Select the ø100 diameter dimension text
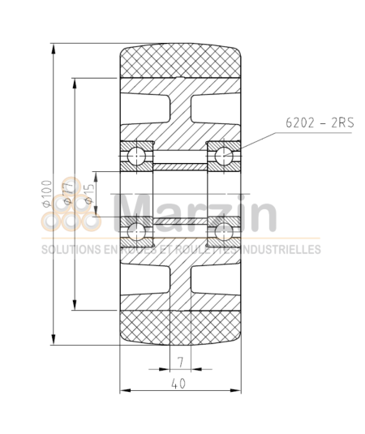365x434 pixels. [x=46, y=194]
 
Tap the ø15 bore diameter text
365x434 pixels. [x=89, y=194]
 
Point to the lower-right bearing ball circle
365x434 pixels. [x=224, y=233]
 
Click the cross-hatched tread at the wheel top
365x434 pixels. [x=181, y=62]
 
